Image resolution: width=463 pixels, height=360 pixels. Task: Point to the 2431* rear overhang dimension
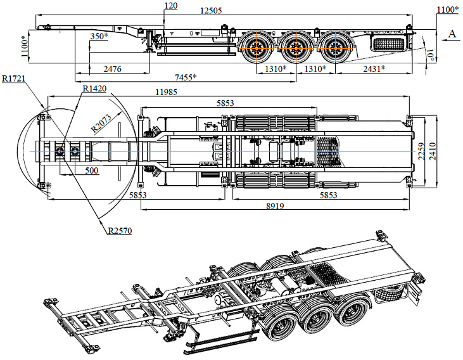[x=370, y=68]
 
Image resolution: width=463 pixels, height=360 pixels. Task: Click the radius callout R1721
[x=13, y=79]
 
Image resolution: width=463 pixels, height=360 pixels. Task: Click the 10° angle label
[x=431, y=58]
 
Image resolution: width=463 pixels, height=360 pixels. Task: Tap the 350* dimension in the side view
[x=100, y=36]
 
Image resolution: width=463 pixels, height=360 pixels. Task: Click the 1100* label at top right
[x=448, y=10]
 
